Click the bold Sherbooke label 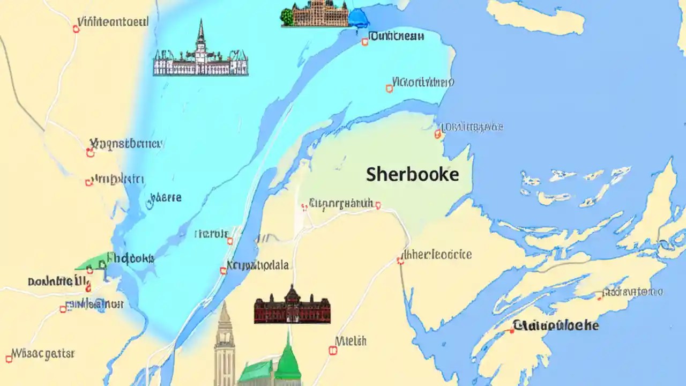tap(412, 175)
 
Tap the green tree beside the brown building tap(287, 17)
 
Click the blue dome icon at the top tap(358, 17)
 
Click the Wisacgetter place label tap(43, 354)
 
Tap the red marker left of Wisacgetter tap(9, 359)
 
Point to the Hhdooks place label tap(131, 258)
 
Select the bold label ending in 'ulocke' tap(556, 325)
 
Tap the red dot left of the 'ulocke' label tap(512, 331)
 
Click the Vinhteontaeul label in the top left tap(113, 22)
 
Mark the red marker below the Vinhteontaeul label tap(76, 29)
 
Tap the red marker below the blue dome tap(365, 41)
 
